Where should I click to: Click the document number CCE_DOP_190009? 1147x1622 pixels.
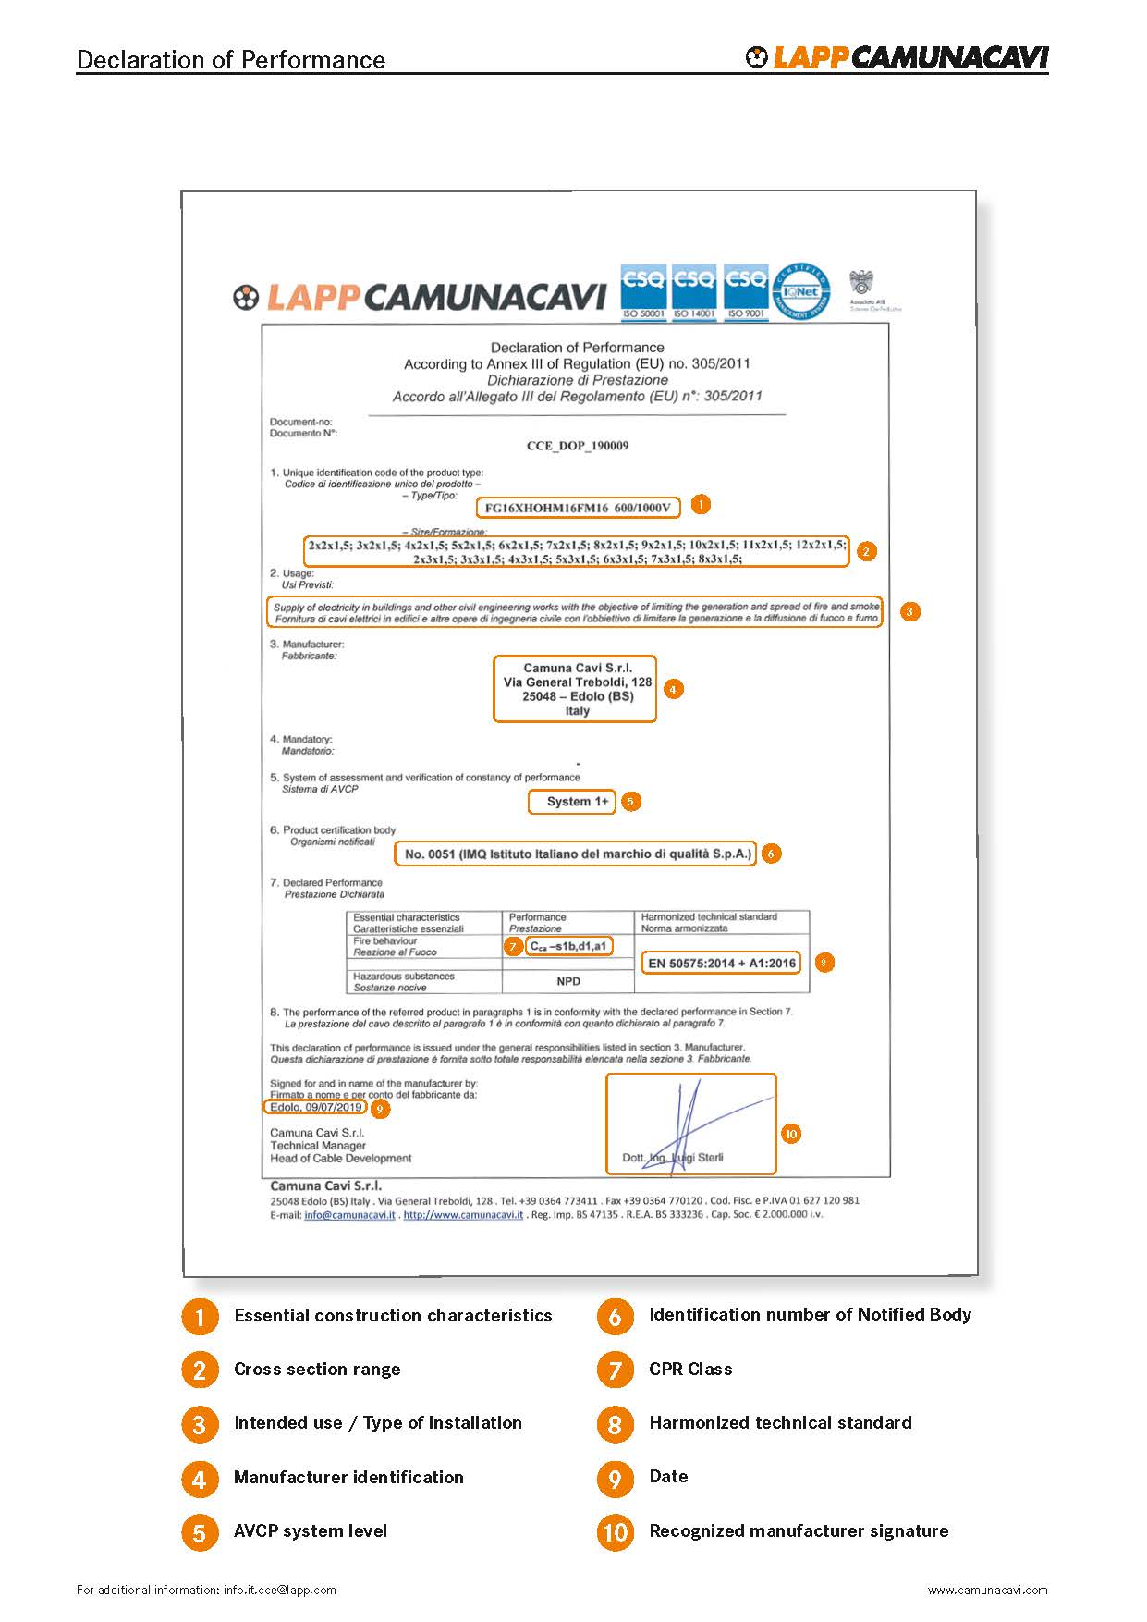click(x=577, y=446)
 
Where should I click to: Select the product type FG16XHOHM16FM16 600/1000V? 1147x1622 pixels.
click(x=578, y=508)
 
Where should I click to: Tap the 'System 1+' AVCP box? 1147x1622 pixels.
click(x=577, y=802)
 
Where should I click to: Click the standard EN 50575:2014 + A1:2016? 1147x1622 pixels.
click(x=721, y=964)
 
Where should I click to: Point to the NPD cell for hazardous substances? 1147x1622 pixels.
click(x=568, y=981)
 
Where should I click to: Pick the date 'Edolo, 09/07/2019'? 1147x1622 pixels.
click(x=315, y=1107)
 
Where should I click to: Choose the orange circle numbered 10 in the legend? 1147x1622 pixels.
click(x=615, y=1532)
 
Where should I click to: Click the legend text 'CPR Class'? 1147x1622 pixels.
click(x=690, y=1370)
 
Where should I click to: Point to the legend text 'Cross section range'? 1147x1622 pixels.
click(x=317, y=1370)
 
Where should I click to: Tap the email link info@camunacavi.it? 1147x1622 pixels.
click(x=349, y=1215)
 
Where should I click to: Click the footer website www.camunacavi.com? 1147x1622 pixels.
click(x=987, y=1591)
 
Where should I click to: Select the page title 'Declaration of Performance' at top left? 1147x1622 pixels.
click(x=231, y=60)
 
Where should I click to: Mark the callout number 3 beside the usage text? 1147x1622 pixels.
click(x=909, y=611)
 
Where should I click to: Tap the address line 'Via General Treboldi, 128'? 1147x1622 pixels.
click(x=577, y=682)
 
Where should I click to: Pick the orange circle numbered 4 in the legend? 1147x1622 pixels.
click(x=200, y=1479)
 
